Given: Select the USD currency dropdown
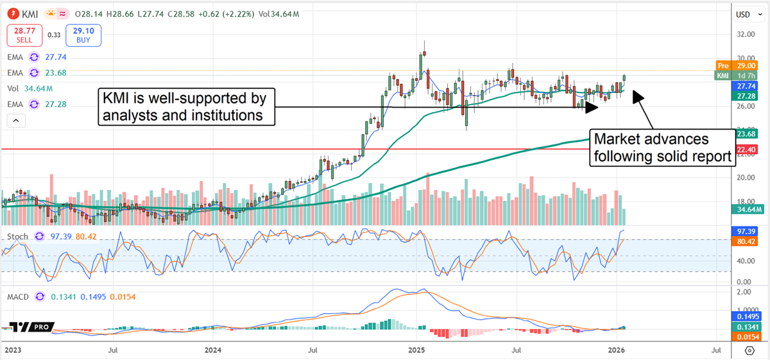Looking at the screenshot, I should [743, 14].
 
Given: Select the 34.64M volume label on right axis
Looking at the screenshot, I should [746, 209].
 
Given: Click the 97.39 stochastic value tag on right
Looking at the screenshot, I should [746, 230].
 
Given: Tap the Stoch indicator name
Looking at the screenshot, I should [17, 237].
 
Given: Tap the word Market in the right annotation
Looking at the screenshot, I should [617, 139].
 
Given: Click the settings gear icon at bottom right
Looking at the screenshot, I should [749, 350].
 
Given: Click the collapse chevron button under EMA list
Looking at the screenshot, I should [16, 120].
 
